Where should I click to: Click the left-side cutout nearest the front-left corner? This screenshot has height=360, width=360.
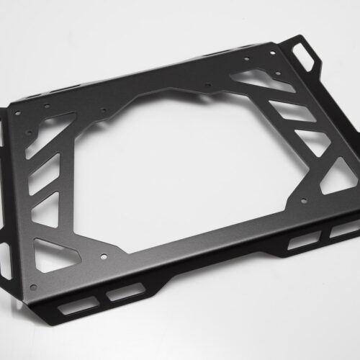[x=58, y=249]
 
